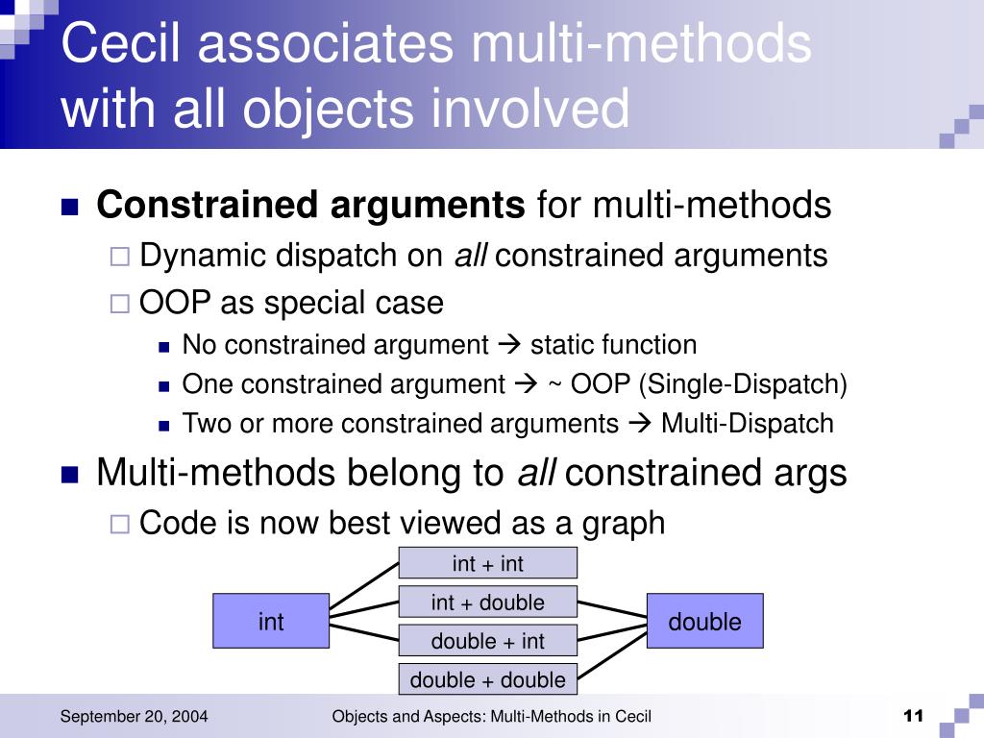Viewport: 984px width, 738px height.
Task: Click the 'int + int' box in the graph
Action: coord(487,563)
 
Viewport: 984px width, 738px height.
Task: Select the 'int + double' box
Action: coord(487,603)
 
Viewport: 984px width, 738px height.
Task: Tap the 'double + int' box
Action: coord(487,641)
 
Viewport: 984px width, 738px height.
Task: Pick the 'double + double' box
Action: coord(487,679)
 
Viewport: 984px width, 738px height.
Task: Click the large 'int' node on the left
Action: coord(271,622)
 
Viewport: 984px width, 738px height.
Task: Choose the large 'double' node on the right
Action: coord(705,622)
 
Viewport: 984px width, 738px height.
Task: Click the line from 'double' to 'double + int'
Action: coord(612,630)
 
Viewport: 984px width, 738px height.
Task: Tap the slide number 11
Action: coord(913,716)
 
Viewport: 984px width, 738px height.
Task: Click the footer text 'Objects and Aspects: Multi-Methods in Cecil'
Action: coord(491,716)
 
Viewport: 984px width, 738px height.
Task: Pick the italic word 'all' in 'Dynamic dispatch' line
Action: coord(471,256)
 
